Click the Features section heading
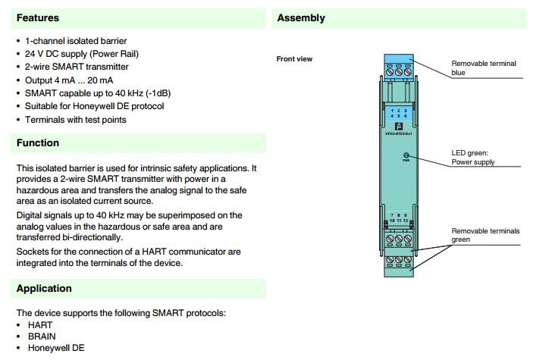tap(38, 17)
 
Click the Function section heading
tap(38, 142)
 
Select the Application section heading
tap(44, 288)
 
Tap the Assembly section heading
tap(301, 17)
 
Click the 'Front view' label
tap(294, 59)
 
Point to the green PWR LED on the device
tap(406, 154)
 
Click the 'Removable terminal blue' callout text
tap(483, 68)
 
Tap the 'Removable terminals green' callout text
tap(485, 235)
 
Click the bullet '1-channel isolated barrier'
tap(76, 40)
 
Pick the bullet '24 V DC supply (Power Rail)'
tap(83, 54)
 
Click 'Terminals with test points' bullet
tap(76, 119)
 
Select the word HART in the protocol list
tap(41, 324)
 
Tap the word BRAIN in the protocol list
tap(42, 336)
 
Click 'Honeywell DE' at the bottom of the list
tap(56, 348)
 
